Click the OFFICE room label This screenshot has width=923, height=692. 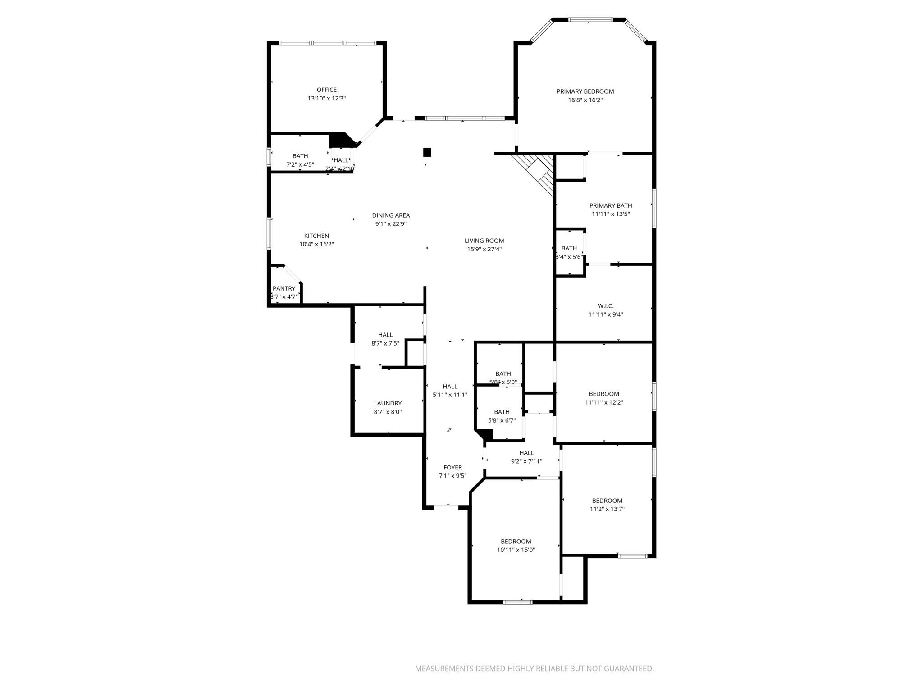[x=326, y=90]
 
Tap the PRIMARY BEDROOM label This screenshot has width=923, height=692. [x=585, y=91]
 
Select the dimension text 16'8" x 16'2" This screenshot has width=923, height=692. [x=585, y=100]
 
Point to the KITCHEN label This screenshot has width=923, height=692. [x=316, y=236]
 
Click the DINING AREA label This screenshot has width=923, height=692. [x=391, y=215]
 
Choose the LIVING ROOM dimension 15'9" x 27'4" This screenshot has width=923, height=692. [x=484, y=249]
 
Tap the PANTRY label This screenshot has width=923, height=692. [x=284, y=288]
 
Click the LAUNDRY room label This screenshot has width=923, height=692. [x=388, y=403]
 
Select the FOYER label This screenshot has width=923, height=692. [x=452, y=467]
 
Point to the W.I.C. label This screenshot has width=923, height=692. [x=606, y=306]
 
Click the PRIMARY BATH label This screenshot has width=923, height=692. [x=611, y=205]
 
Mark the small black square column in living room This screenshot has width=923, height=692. [x=427, y=152]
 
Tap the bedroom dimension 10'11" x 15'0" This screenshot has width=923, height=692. [x=516, y=550]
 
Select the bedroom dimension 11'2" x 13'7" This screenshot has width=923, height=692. [x=607, y=509]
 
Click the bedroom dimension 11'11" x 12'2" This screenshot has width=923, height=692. [x=604, y=402]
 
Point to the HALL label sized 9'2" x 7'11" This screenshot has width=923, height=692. [x=526, y=453]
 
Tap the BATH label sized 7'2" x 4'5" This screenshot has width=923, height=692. [x=300, y=156]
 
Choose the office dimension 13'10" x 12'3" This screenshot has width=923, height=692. [x=326, y=98]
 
